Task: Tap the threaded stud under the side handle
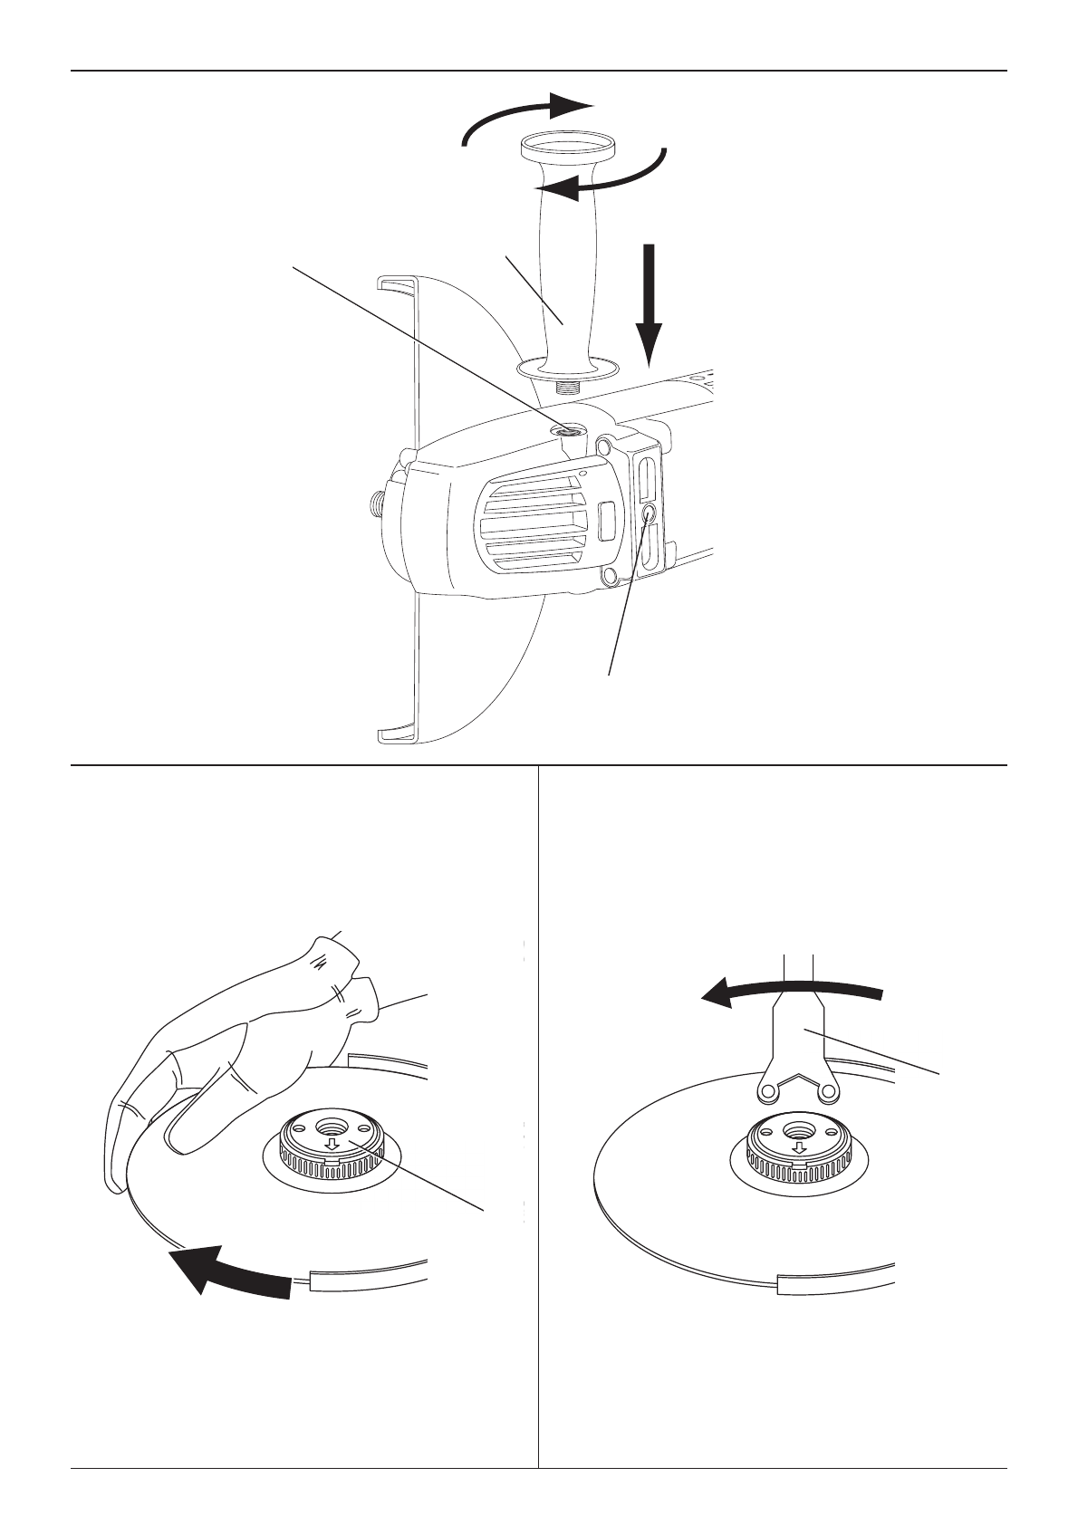(x=568, y=388)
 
